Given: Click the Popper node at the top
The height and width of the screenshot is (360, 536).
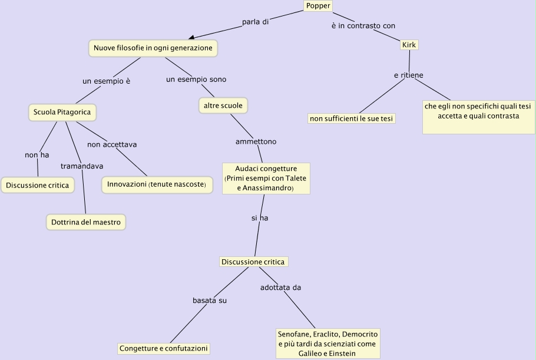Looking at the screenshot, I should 318,6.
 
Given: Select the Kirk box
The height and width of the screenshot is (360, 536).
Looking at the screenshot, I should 409,45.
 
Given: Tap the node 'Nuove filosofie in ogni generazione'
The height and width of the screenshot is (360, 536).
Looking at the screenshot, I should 153,48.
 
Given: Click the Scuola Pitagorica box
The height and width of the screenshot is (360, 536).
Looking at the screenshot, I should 62,112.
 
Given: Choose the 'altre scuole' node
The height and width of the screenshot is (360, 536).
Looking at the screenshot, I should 223,105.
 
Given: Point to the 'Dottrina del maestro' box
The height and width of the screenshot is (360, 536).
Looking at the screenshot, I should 86,222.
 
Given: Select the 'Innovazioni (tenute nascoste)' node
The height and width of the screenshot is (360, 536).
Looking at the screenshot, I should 157,184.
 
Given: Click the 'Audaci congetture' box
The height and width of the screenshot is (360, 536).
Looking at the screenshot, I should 266,178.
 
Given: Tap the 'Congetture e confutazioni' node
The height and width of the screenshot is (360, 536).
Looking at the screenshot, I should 164,348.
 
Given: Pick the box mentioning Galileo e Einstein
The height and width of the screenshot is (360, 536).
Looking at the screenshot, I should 328,343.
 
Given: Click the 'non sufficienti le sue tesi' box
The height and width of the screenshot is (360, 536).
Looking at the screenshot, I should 352,118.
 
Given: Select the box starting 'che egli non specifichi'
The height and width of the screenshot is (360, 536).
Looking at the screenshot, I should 478,117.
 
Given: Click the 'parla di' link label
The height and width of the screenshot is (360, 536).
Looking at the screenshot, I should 255,22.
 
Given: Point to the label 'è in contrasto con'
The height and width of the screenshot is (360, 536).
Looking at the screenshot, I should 363,25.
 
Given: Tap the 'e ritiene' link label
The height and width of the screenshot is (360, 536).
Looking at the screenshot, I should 409,75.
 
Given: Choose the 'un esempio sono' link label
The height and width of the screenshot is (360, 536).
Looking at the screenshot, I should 196,80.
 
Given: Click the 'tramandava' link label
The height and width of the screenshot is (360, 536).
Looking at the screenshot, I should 82,166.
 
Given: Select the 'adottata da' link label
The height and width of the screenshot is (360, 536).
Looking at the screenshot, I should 281,288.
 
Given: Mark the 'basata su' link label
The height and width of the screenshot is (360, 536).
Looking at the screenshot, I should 210,300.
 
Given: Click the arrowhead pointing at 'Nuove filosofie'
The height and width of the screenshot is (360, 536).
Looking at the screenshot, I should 191,38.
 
